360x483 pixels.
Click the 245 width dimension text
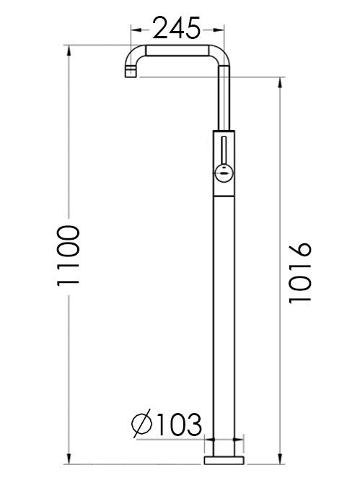(177, 29)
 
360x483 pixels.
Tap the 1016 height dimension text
(299, 272)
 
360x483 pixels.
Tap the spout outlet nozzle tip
(129, 72)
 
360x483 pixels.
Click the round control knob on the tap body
(224, 172)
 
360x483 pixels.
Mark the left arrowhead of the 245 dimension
(132, 30)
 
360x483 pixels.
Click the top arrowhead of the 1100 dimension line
(69, 51)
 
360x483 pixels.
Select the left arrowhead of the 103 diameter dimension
(209, 439)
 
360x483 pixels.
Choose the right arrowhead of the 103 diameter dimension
(242, 439)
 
